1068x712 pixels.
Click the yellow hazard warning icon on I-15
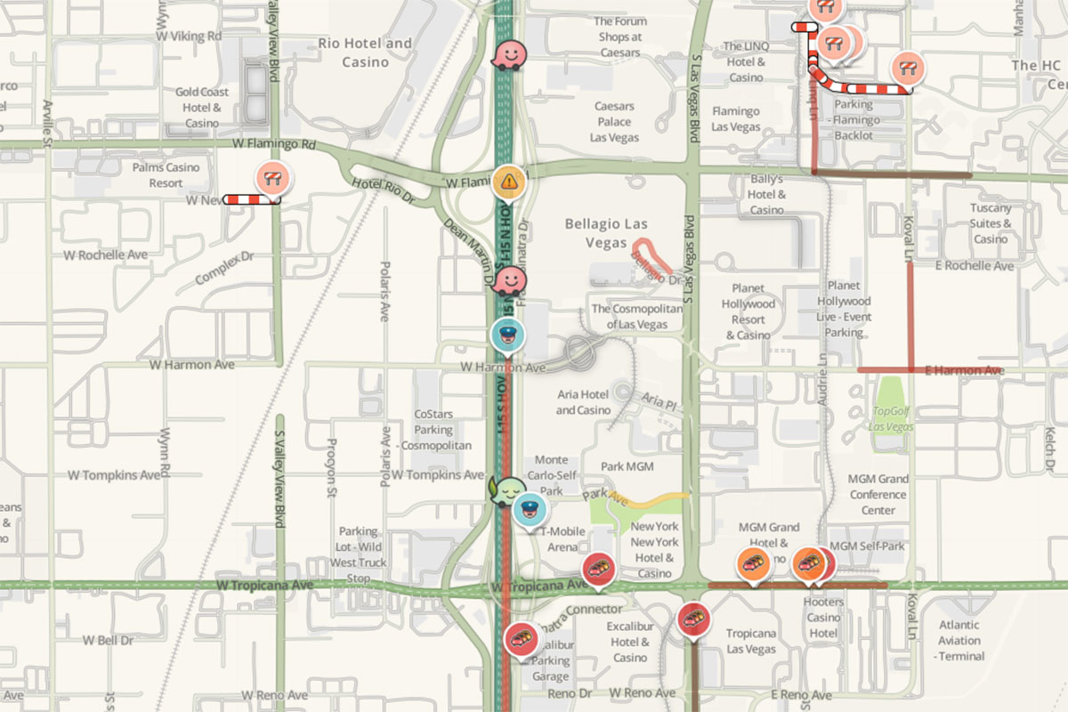coord(508,182)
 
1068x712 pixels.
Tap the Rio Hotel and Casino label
coord(365,53)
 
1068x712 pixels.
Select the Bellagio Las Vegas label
coord(607,233)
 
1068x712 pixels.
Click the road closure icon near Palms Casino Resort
coord(272,178)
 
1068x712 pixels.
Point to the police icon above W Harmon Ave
coord(507,336)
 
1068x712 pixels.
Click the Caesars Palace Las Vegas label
coord(614,122)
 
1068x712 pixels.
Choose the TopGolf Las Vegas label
coord(893,419)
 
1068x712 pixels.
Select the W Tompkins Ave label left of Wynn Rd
coord(115,474)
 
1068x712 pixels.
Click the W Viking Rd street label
coord(189,36)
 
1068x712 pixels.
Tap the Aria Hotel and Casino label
coord(583,402)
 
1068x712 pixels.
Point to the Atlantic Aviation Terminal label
coord(959,640)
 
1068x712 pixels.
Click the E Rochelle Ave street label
coord(974,266)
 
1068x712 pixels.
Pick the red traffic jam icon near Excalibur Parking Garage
coord(520,638)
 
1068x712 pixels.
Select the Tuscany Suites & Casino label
coord(991,223)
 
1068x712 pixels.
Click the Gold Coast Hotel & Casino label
coord(202,107)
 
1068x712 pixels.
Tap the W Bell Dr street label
coord(108,640)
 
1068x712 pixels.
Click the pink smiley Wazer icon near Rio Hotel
coord(508,55)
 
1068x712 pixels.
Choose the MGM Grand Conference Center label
coord(878,494)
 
